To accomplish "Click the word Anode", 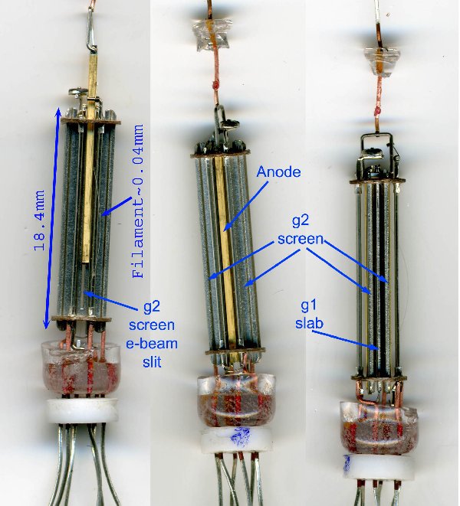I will point(279,173).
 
